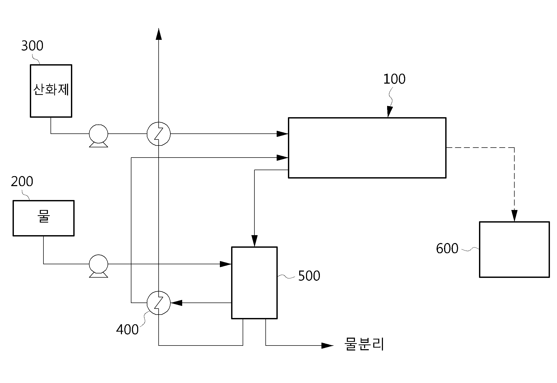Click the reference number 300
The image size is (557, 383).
pos(32,46)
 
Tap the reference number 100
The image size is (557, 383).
pos(394,79)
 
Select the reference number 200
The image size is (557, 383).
pos(22,181)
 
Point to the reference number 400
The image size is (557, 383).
pos(127,330)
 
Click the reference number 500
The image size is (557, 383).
pos(309,276)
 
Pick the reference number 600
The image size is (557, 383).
pos(447,248)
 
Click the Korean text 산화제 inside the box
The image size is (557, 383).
pos(51,90)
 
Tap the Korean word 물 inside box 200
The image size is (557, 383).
pos(43,216)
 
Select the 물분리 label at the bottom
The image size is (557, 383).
pos(364,344)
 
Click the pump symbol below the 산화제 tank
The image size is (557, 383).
pos(98,135)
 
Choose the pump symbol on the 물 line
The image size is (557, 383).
pos(98,266)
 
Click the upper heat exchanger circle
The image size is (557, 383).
pos(159,134)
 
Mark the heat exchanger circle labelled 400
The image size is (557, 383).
pos(159,303)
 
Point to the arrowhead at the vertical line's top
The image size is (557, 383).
pos(159,34)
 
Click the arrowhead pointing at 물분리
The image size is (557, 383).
pos(327,346)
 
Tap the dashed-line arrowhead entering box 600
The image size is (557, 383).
pos(514,216)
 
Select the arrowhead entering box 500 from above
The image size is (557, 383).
pos(254,241)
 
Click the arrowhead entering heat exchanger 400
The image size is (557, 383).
pos(176,303)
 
